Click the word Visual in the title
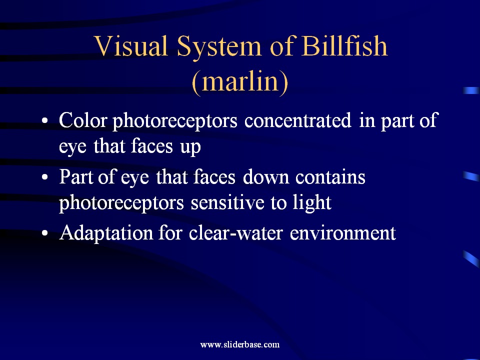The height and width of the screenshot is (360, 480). [131, 46]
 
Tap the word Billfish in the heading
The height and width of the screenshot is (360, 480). [344, 46]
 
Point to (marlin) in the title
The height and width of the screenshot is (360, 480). [240, 81]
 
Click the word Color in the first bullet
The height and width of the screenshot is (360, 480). [82, 120]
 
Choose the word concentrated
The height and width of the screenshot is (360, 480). [297, 120]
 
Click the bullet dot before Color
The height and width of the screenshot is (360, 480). [44, 120]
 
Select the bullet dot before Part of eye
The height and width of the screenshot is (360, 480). [44, 177]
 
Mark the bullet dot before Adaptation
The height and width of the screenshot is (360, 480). [44, 233]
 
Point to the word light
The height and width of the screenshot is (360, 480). [311, 203]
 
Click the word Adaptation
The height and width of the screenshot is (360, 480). [106, 233]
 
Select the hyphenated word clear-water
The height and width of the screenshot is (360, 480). [235, 233]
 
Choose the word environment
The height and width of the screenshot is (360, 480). [342, 233]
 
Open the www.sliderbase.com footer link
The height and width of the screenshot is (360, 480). [240, 344]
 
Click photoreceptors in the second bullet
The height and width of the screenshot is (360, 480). [121, 203]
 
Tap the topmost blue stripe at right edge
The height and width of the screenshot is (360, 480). [471, 90]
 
